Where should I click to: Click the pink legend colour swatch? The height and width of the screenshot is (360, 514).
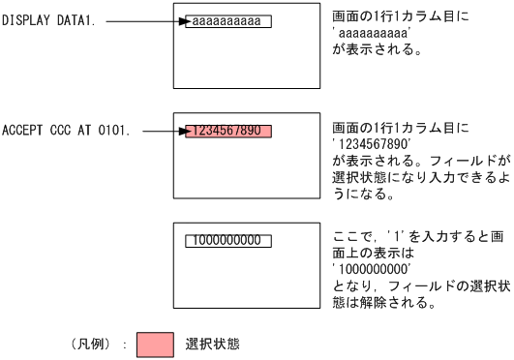pos(156,345)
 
